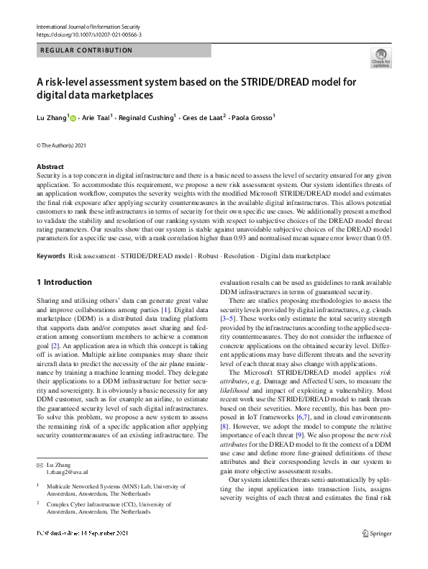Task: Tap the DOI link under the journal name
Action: (88, 35)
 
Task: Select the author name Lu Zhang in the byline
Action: (51, 118)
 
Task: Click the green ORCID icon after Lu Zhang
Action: (72, 118)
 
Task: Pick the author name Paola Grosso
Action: (250, 118)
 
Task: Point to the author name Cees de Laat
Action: (202, 118)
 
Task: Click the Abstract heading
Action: (50, 166)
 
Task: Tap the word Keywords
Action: (50, 255)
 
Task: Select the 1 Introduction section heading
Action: (64, 282)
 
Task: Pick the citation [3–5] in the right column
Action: (229, 317)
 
